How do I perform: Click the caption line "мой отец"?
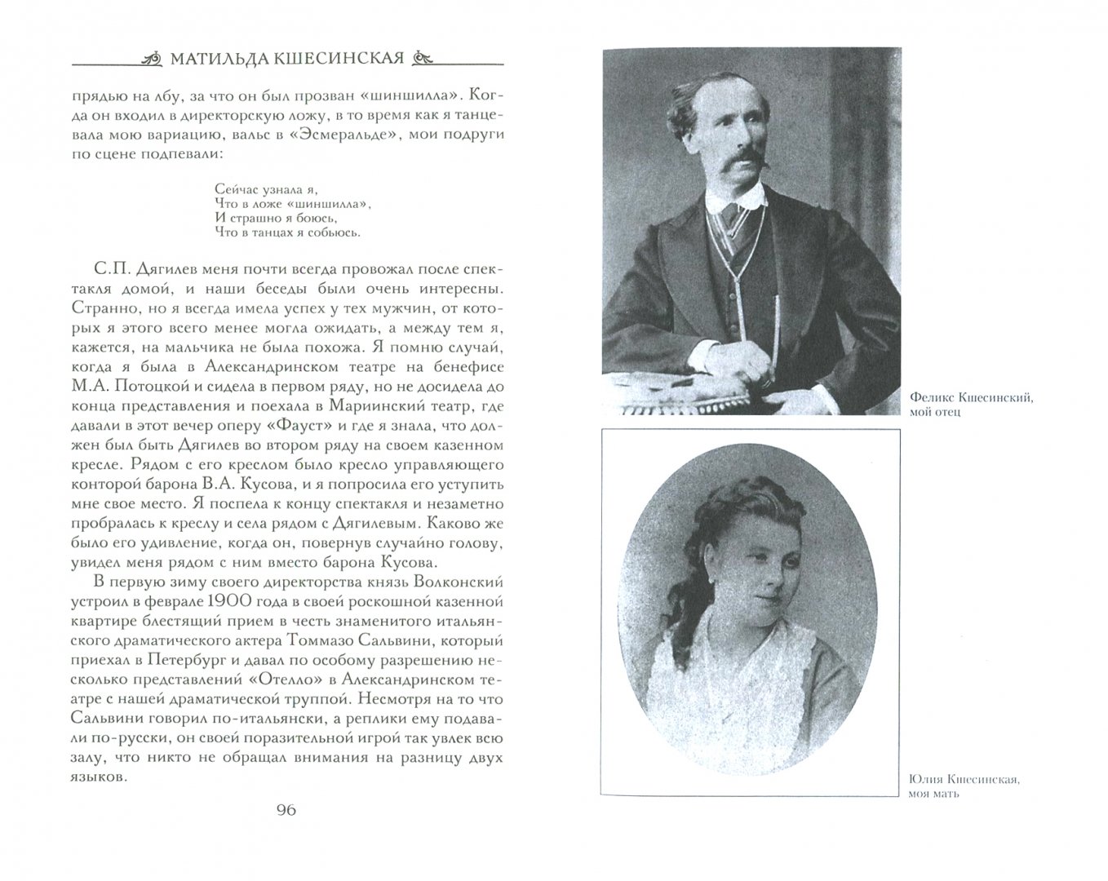coord(935,413)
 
